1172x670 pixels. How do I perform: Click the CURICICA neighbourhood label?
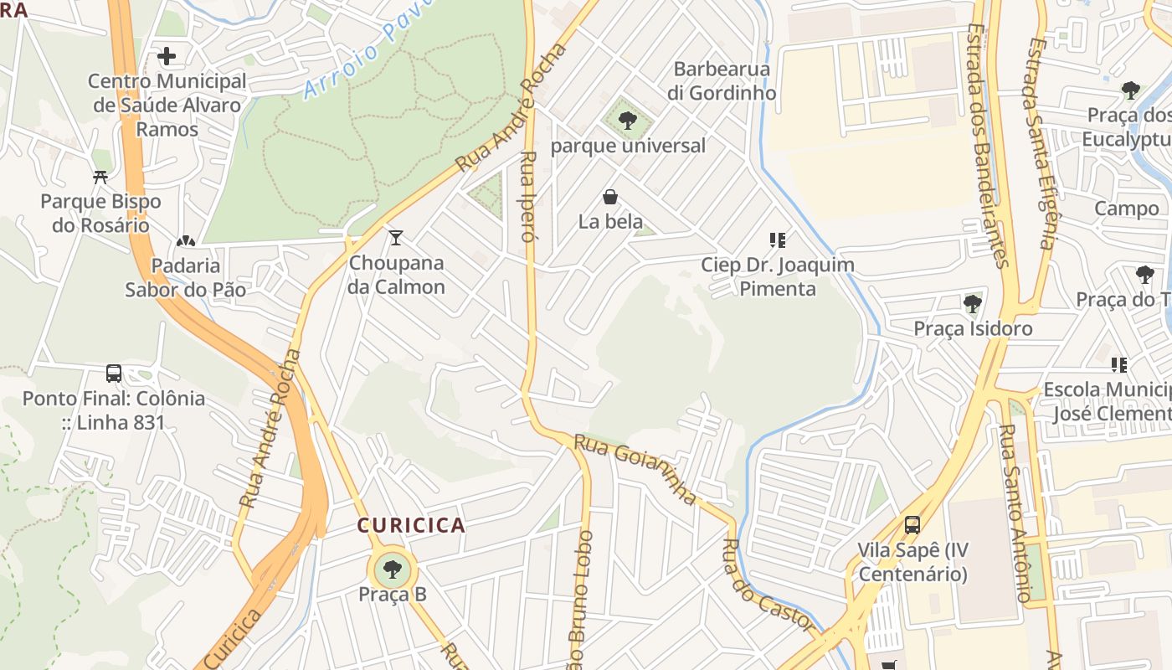(x=411, y=525)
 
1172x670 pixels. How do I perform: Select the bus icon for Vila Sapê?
(x=912, y=525)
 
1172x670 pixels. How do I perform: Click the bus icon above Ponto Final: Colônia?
(x=114, y=374)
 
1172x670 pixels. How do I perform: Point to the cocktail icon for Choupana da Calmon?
(x=396, y=238)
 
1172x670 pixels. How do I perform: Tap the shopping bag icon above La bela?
(x=610, y=198)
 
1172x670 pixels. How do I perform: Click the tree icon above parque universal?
(x=627, y=121)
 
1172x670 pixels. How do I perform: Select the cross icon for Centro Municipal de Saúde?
(x=167, y=57)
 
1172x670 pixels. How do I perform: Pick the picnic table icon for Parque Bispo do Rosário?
(x=100, y=178)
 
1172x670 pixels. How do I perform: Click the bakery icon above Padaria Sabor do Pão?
(x=185, y=242)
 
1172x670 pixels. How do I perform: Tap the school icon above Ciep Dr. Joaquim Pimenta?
(x=778, y=240)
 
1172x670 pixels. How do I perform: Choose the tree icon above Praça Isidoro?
(x=972, y=303)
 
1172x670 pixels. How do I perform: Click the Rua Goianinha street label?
(x=634, y=470)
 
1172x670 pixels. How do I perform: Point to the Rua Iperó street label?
(x=527, y=197)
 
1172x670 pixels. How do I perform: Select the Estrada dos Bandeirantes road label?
(x=987, y=142)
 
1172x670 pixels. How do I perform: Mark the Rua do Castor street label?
(x=767, y=586)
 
